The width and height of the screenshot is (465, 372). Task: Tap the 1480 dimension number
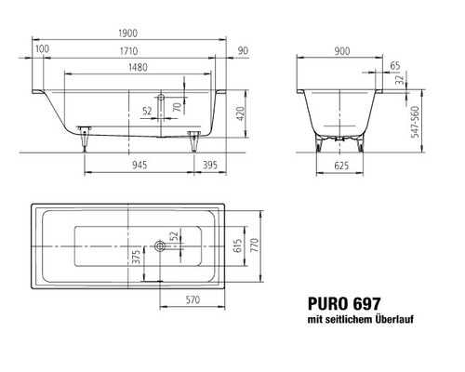click(x=137, y=78)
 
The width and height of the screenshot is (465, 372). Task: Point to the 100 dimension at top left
click(x=42, y=49)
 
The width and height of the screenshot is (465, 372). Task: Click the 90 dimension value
click(x=243, y=49)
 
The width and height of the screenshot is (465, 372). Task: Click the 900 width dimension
click(x=341, y=49)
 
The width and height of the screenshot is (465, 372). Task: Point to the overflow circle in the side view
click(x=161, y=96)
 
